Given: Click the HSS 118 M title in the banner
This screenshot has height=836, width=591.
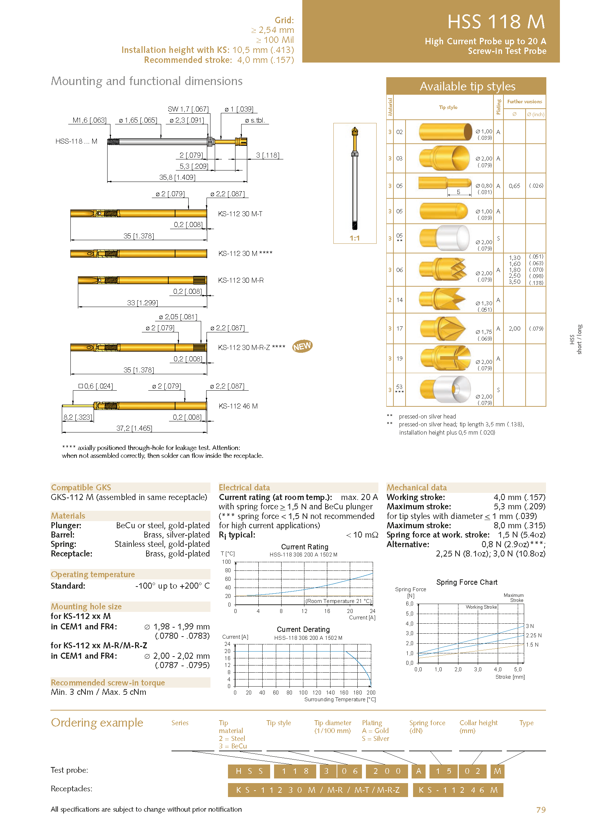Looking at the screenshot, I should click(x=496, y=22).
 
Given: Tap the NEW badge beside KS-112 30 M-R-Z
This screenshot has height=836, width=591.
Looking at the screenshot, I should click(x=302, y=346).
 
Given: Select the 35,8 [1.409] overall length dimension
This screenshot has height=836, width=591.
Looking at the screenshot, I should click(x=177, y=177).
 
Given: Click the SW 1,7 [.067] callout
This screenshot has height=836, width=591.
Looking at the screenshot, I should click(x=188, y=109).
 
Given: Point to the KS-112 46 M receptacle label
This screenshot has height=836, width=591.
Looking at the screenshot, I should click(x=238, y=406).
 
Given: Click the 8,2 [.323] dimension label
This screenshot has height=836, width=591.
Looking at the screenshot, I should click(x=78, y=417).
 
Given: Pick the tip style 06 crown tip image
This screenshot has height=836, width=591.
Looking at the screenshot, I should click(x=442, y=269).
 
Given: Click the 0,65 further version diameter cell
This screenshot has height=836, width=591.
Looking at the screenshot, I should click(x=514, y=186).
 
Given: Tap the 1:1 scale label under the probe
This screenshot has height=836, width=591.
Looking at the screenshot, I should click(x=354, y=238).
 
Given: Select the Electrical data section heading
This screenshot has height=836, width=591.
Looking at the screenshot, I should click(x=244, y=488).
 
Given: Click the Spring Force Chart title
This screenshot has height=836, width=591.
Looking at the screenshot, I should click(x=467, y=582).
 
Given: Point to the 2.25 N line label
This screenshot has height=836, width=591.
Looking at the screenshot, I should click(x=533, y=635).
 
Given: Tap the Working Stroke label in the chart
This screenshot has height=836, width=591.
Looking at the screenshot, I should click(x=481, y=607).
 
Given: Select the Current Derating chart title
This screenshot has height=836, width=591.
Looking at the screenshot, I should click(x=303, y=629).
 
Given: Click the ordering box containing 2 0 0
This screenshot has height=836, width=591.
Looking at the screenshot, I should click(x=387, y=771).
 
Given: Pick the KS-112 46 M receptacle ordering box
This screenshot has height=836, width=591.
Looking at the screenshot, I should click(x=458, y=790).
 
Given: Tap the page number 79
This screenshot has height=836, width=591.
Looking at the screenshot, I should click(x=541, y=810).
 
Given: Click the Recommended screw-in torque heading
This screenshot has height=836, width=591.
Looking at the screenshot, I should click(x=108, y=683).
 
